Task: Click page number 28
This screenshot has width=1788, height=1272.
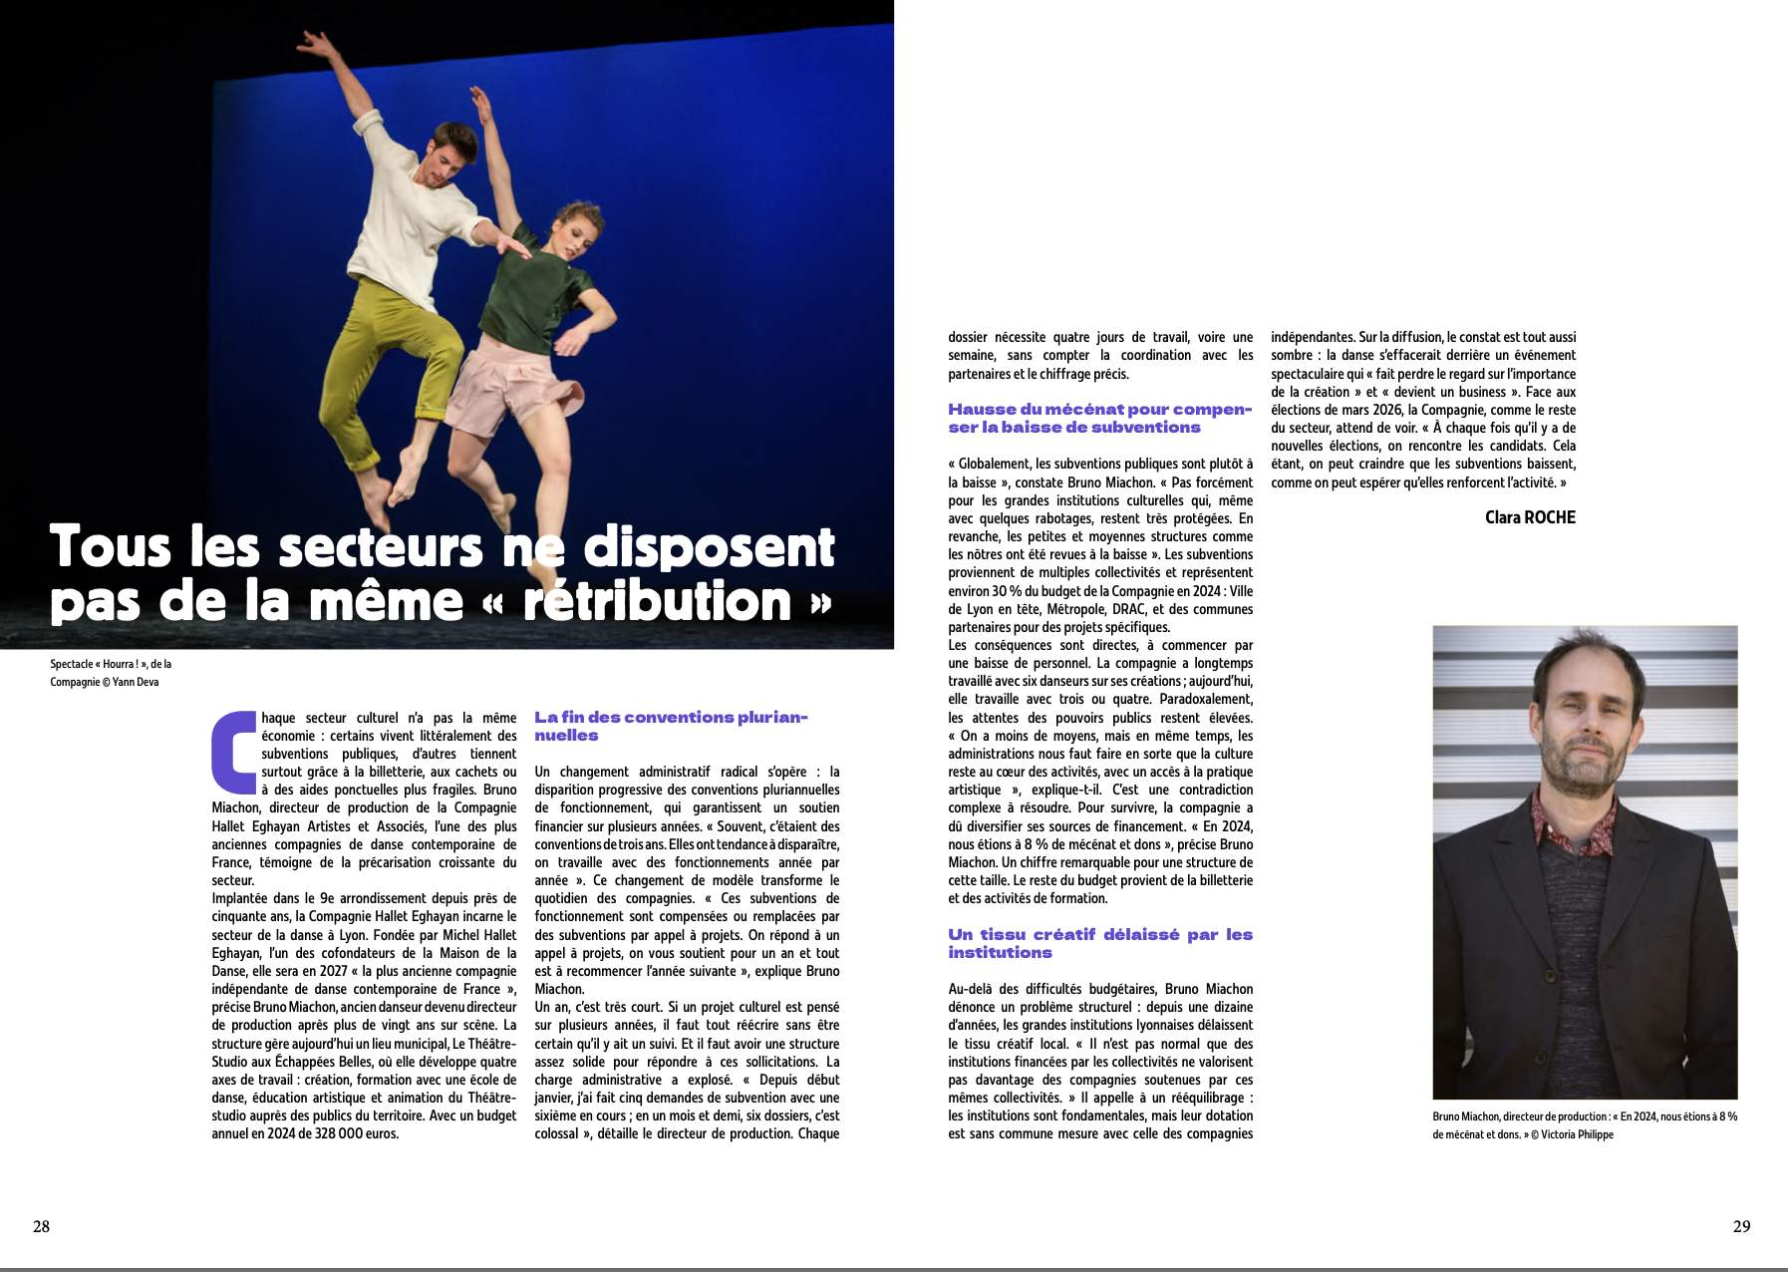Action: pyautogui.click(x=41, y=1226)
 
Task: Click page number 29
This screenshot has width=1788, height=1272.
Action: pyautogui.click(x=1741, y=1226)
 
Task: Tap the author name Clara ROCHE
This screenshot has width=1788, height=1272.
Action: pyautogui.click(x=1530, y=517)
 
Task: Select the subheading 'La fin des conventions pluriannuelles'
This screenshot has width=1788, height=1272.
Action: pyautogui.click(x=670, y=726)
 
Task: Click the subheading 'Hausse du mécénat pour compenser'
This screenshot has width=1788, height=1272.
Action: pyautogui.click(x=1099, y=418)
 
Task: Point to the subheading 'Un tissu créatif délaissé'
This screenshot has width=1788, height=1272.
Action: pyautogui.click(x=1099, y=943)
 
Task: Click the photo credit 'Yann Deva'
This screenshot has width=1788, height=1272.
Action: pyautogui.click(x=136, y=682)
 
